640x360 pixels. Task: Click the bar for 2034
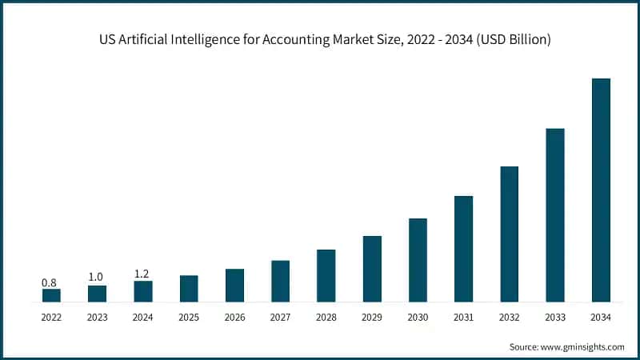coord(601,190)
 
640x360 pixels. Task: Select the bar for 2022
coord(51,295)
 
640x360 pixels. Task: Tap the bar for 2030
coord(418,260)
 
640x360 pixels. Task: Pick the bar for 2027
coord(280,281)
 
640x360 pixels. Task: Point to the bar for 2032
coord(510,234)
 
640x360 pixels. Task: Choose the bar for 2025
coord(189,289)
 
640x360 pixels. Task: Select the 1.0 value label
coord(97,277)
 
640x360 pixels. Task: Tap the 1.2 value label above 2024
coord(142,273)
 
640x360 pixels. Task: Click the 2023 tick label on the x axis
coord(97,318)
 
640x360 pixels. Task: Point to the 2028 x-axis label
coord(326,318)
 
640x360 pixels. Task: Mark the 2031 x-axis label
coord(463,318)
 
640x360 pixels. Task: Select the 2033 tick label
coord(555,318)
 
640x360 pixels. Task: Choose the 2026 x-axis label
coord(234,318)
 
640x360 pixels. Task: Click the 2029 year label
coord(372,318)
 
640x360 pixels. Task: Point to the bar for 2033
coord(555,215)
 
